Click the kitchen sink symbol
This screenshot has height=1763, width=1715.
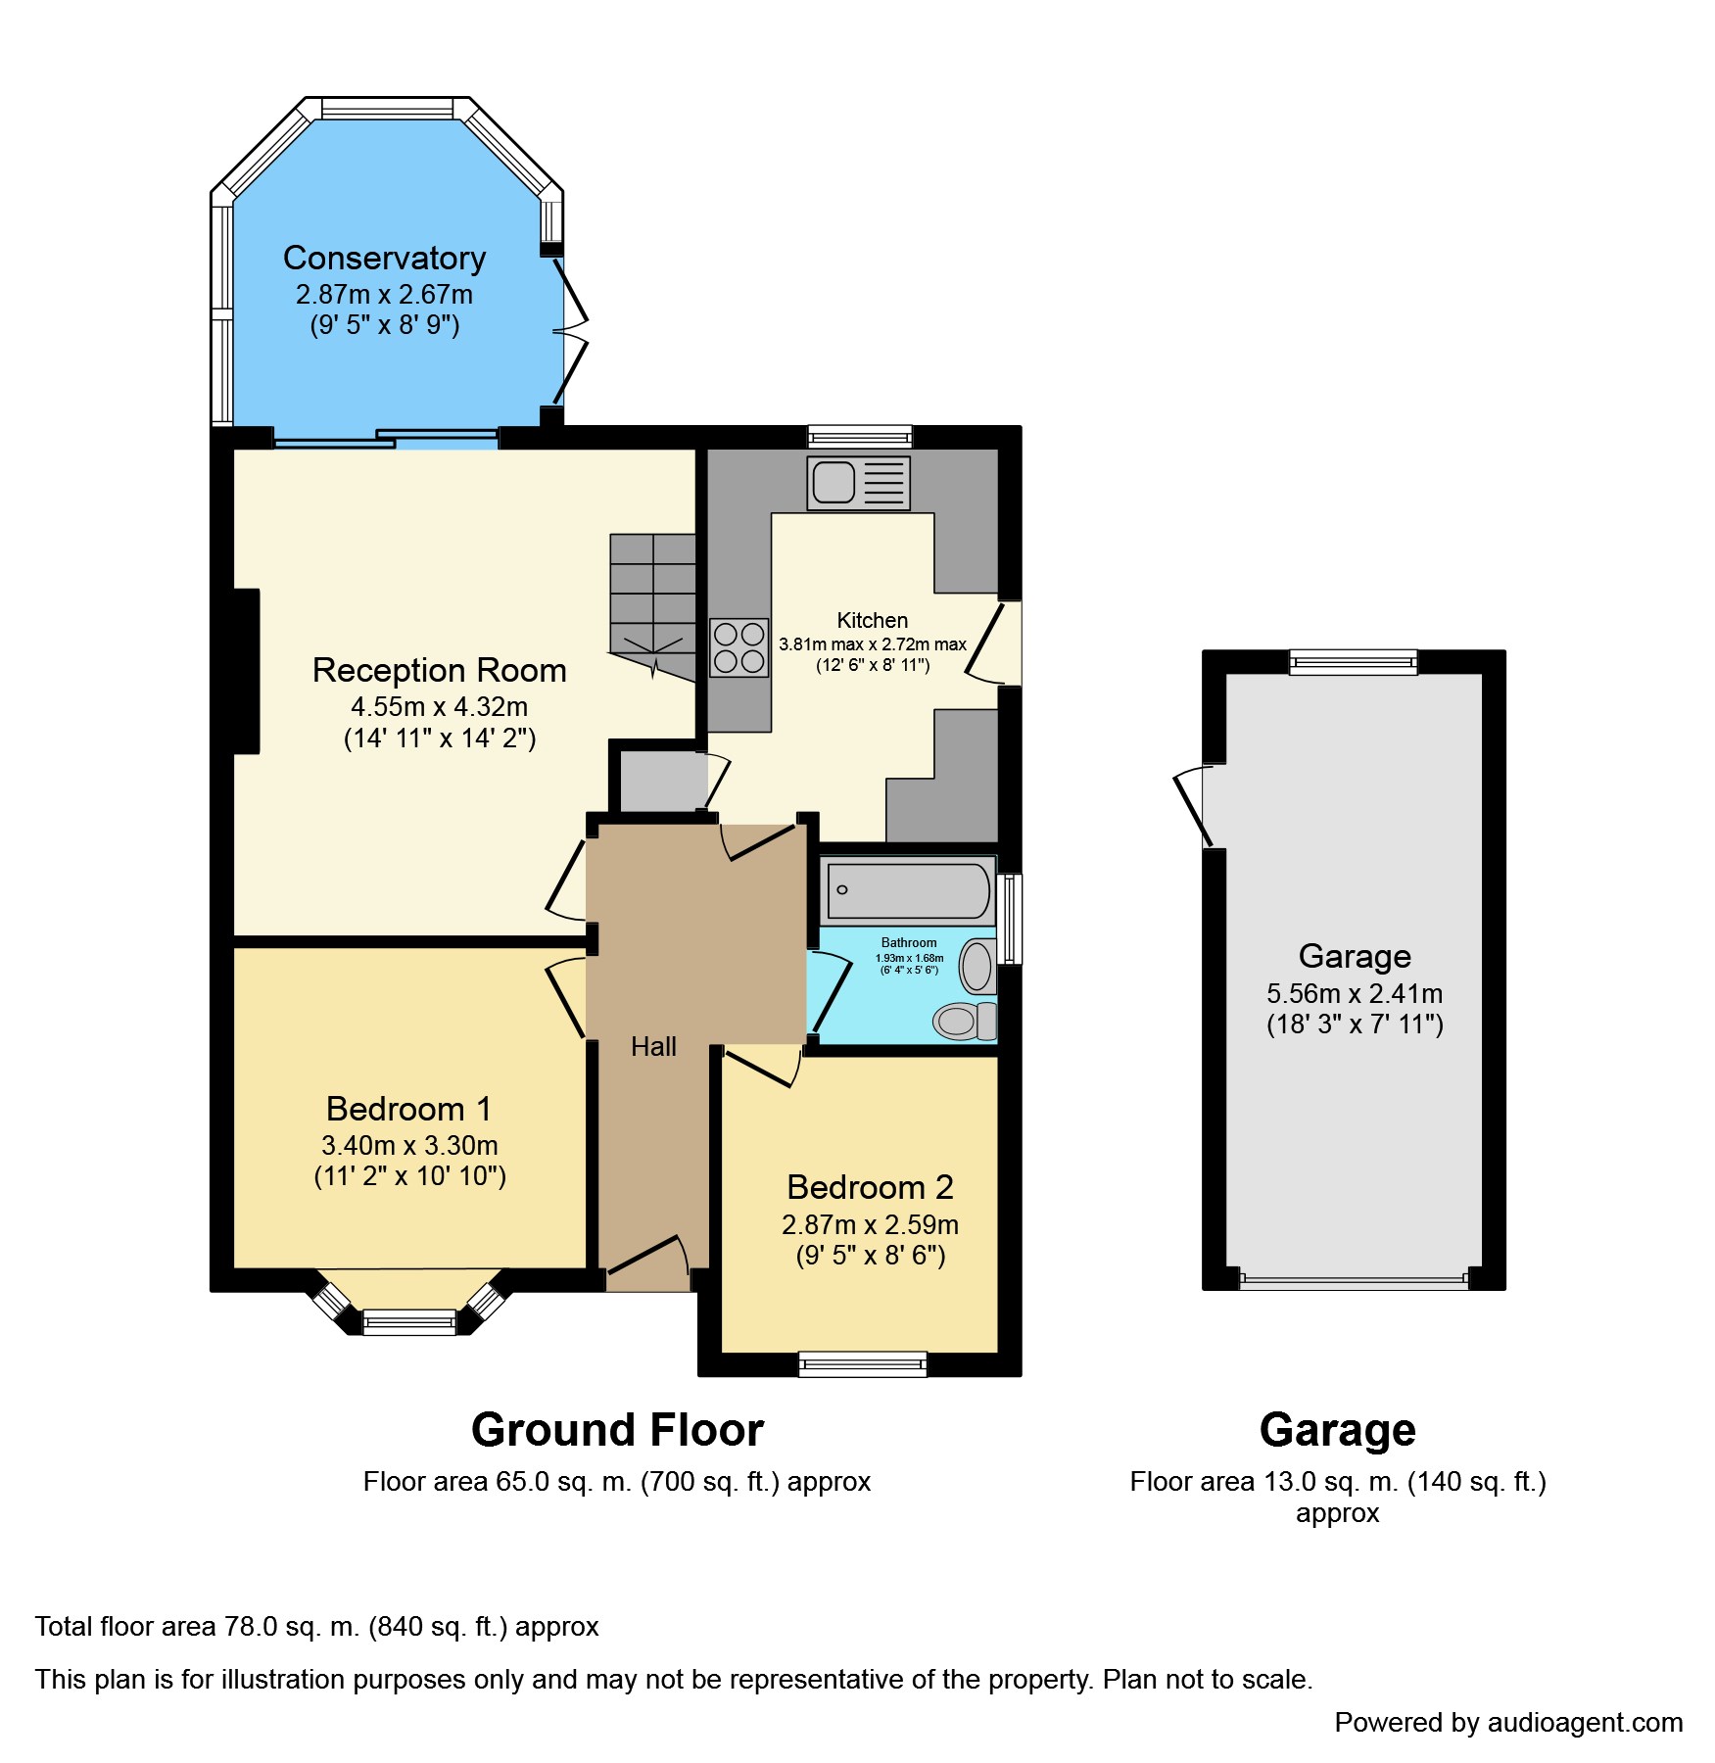[x=858, y=483]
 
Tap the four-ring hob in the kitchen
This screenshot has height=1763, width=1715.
[x=739, y=647]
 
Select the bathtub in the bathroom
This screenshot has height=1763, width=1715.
[x=908, y=890]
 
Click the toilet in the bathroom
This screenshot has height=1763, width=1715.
[x=963, y=1021]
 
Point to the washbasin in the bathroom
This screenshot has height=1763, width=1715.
[x=977, y=967]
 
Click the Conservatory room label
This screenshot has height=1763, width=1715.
[x=384, y=259]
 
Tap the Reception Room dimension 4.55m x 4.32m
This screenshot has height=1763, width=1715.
[x=439, y=707]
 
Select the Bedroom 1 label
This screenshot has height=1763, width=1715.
[x=408, y=1109]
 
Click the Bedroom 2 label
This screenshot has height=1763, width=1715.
[x=870, y=1187]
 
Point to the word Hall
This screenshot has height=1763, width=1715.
[x=653, y=1047]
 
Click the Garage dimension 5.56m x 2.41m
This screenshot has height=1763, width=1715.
[x=1354, y=994]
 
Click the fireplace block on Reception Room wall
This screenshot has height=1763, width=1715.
[x=247, y=671]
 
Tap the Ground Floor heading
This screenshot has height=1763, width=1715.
[x=617, y=1430]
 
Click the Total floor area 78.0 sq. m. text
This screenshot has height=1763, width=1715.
[x=316, y=1627]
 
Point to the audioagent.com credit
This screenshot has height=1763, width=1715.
[x=1508, y=1723]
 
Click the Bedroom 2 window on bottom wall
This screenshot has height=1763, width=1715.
[x=862, y=1363]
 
